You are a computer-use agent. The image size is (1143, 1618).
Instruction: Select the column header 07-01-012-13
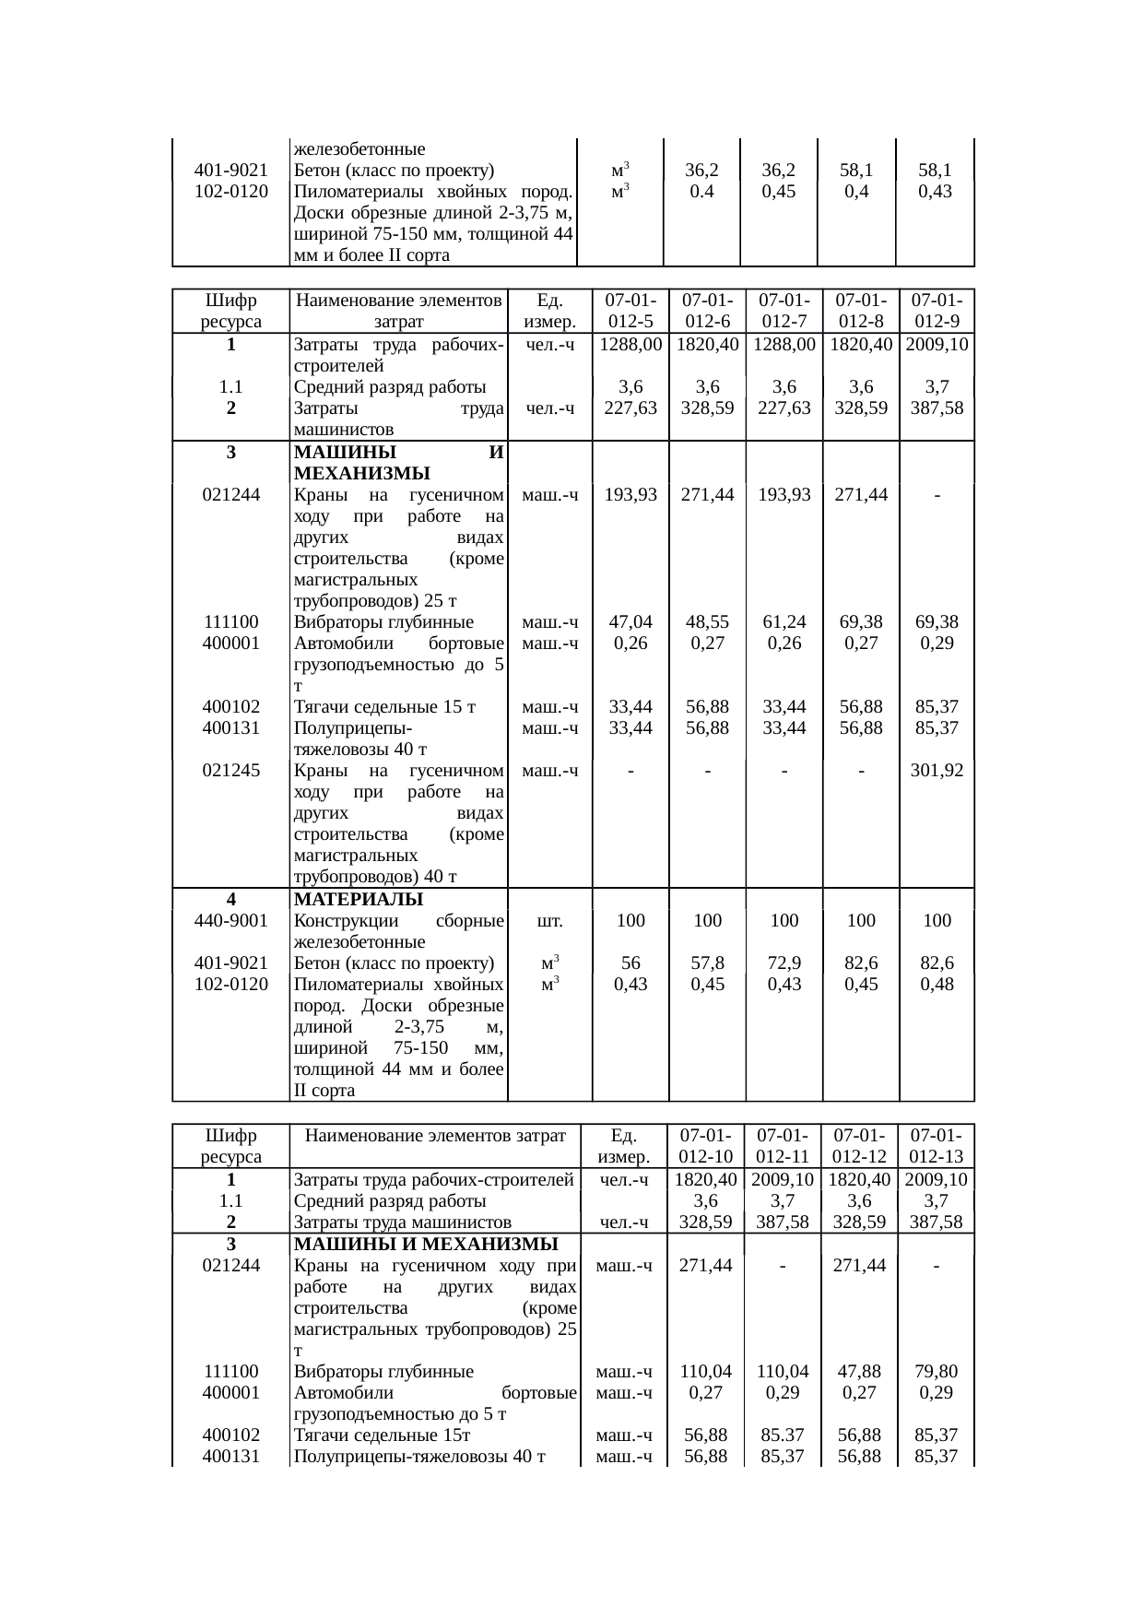tap(936, 1145)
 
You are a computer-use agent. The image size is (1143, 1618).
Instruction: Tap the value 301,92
tap(937, 771)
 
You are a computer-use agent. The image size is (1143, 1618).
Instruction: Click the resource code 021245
tap(230, 771)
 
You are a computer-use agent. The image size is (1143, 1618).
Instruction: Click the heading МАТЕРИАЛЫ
tap(358, 899)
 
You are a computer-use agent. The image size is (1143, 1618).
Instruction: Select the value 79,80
tap(936, 1371)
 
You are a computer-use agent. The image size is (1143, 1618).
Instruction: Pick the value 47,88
tap(859, 1371)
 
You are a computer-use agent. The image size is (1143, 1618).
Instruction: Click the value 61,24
tap(784, 622)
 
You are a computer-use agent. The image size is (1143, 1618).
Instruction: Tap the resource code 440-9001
tap(230, 920)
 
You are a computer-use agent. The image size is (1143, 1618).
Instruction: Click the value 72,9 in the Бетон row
tap(784, 963)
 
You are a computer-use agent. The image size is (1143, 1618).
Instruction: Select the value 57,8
tap(707, 963)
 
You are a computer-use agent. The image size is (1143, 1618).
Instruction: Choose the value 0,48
tap(937, 984)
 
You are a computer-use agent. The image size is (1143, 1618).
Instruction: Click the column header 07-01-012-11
tap(782, 1145)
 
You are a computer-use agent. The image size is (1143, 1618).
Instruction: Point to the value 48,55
tap(707, 622)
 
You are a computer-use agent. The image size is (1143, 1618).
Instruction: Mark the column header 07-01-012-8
tap(860, 311)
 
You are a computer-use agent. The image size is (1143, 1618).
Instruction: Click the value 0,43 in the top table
tap(935, 192)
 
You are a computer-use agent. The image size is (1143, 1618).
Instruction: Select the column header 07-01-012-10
tap(705, 1145)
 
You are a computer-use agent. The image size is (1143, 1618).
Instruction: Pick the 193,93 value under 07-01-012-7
tap(784, 495)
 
